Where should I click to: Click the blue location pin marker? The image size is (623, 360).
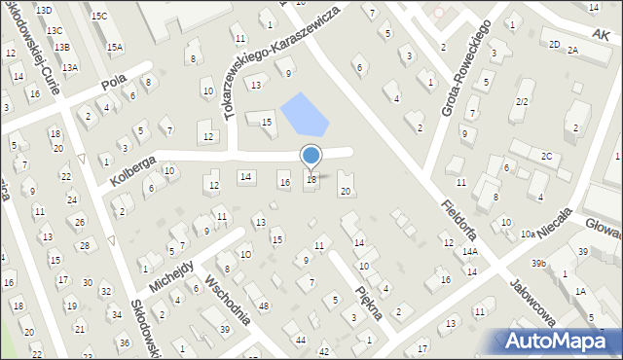(x=311, y=156)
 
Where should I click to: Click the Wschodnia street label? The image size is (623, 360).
(x=230, y=301)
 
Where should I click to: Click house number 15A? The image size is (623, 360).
(x=115, y=47)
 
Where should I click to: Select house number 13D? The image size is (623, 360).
(x=44, y=9)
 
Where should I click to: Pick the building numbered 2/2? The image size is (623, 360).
(x=522, y=101)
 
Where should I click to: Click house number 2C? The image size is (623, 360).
(x=547, y=156)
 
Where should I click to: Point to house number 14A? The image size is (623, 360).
(x=470, y=251)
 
